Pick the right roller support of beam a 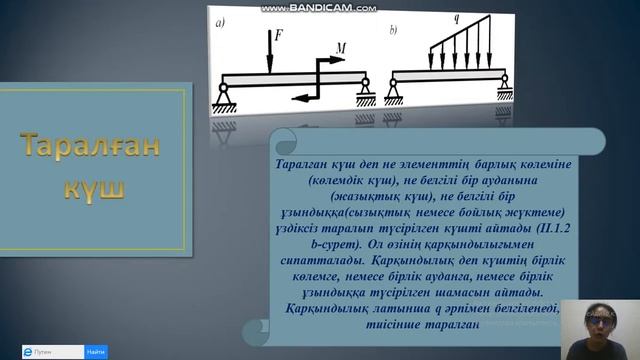point(366,93)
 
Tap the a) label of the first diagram point(218,28)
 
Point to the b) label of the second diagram point(393,30)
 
